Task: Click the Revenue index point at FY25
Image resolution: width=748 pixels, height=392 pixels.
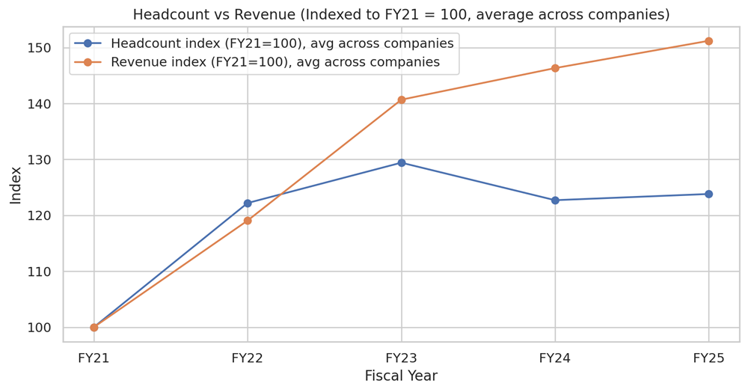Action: coord(708,41)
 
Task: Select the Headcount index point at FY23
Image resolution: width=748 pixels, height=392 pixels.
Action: coord(402,162)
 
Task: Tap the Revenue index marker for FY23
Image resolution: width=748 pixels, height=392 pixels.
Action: coord(402,99)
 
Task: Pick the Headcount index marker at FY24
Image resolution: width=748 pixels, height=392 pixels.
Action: coord(555,200)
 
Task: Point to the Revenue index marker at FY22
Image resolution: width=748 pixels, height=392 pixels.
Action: coord(248,221)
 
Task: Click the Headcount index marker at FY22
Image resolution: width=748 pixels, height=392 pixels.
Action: coord(248,203)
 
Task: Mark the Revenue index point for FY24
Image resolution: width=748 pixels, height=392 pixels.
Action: coord(555,68)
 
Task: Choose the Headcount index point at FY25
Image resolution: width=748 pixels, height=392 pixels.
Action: coord(708,194)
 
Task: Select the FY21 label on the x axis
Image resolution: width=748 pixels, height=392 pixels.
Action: coord(94,358)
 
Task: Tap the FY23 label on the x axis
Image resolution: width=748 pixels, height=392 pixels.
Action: coord(402,358)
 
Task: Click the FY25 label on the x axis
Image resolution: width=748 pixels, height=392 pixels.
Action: coord(708,358)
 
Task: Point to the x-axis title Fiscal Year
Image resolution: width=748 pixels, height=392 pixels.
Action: coord(401,376)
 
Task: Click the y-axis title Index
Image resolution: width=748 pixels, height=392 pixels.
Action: coord(16,185)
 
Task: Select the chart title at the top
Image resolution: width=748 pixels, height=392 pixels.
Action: coord(401,14)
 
